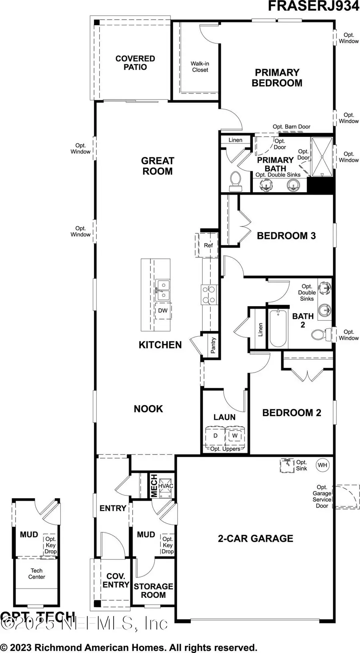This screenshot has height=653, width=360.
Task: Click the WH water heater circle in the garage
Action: (322, 465)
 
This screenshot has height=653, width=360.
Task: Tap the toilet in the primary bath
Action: (236, 182)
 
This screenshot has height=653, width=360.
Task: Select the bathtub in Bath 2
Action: (278, 329)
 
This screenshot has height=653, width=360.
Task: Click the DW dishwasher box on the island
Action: (163, 310)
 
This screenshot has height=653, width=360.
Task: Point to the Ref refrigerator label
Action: (208, 245)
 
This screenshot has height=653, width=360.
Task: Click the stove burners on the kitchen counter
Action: (209, 295)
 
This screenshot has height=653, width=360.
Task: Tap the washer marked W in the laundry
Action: (235, 435)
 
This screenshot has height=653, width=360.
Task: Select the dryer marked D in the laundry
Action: (215, 435)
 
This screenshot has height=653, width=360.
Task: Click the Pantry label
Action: (213, 345)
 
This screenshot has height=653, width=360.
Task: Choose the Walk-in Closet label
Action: (200, 67)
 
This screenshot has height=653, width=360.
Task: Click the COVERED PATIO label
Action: (135, 63)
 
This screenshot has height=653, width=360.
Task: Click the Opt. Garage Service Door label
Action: (322, 496)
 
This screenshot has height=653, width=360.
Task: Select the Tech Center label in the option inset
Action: (36, 573)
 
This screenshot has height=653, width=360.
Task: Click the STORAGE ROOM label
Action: (153, 590)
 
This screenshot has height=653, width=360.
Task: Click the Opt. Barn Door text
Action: (291, 127)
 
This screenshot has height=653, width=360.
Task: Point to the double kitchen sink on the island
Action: (162, 290)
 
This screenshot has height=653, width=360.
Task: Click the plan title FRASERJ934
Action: (313, 6)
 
